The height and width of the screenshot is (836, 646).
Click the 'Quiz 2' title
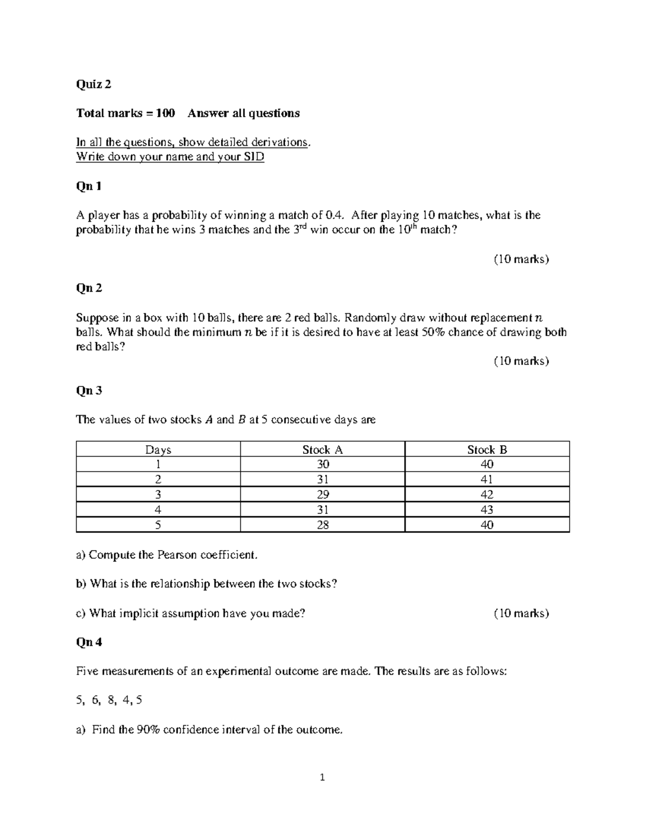(x=94, y=84)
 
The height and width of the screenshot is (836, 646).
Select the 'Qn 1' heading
(x=89, y=186)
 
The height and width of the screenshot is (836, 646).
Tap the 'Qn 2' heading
(x=89, y=288)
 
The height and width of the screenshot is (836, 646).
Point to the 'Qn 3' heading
(x=89, y=390)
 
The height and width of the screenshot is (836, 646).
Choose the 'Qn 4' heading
(x=89, y=642)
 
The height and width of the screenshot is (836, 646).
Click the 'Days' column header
(x=158, y=449)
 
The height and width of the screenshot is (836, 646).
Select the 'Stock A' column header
(x=322, y=449)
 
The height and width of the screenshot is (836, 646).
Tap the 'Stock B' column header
(x=487, y=449)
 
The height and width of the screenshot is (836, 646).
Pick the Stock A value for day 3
(x=322, y=494)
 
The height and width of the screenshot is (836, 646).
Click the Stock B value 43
(x=487, y=509)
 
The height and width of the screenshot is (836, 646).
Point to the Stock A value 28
(x=322, y=524)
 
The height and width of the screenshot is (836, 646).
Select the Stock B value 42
(x=487, y=494)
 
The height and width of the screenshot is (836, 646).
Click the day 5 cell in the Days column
(x=158, y=524)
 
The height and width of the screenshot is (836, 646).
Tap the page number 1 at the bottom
(x=322, y=777)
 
